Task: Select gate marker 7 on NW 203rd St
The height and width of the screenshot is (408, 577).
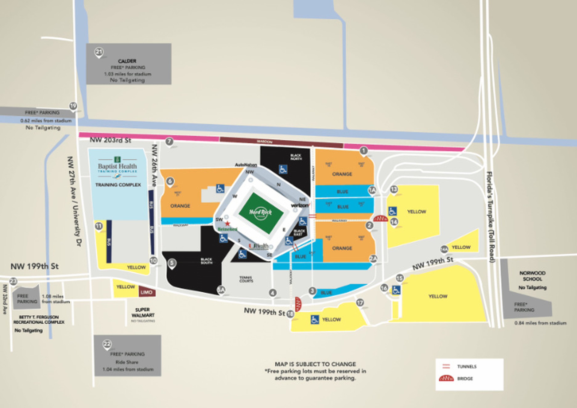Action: [x=169, y=142]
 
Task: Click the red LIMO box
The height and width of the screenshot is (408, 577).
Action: [x=147, y=292]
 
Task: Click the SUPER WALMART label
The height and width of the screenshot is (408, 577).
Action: [x=143, y=312]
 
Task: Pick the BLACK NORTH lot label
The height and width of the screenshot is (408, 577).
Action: [x=296, y=157]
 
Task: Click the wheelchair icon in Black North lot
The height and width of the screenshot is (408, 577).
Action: [x=283, y=169]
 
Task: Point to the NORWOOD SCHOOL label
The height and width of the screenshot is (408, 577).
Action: [x=532, y=276]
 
